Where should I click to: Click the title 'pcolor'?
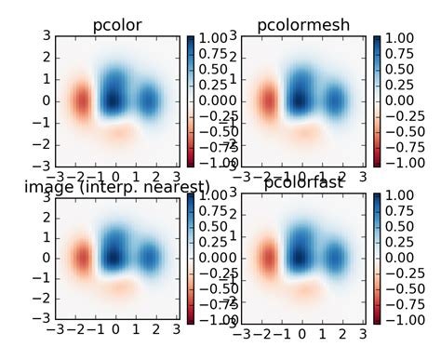pyautogui.click(x=117, y=25)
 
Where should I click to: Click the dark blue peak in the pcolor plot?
pyautogui.click(x=114, y=96)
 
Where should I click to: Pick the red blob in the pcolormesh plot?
pyautogui.click(x=267, y=100)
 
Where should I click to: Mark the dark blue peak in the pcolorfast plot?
pyautogui.click(x=300, y=254)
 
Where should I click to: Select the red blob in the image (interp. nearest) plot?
pyautogui.click(x=80, y=258)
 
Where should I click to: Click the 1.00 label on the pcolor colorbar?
pyautogui.click(x=216, y=37)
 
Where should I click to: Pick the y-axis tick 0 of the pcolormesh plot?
pyautogui.click(x=230, y=100)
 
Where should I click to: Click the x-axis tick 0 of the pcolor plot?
pyautogui.click(x=115, y=175)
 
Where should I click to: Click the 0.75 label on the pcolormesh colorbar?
pyautogui.click(x=402, y=53)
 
